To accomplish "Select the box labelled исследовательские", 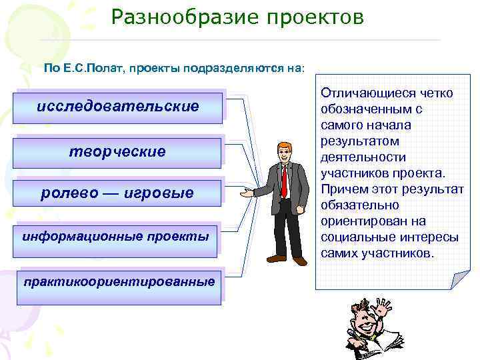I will point(118,106).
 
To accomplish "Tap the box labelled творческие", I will point(117,152).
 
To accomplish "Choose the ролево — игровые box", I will point(117,193).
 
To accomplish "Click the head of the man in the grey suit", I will point(283,150).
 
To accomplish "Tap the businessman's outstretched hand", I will point(247,194).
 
